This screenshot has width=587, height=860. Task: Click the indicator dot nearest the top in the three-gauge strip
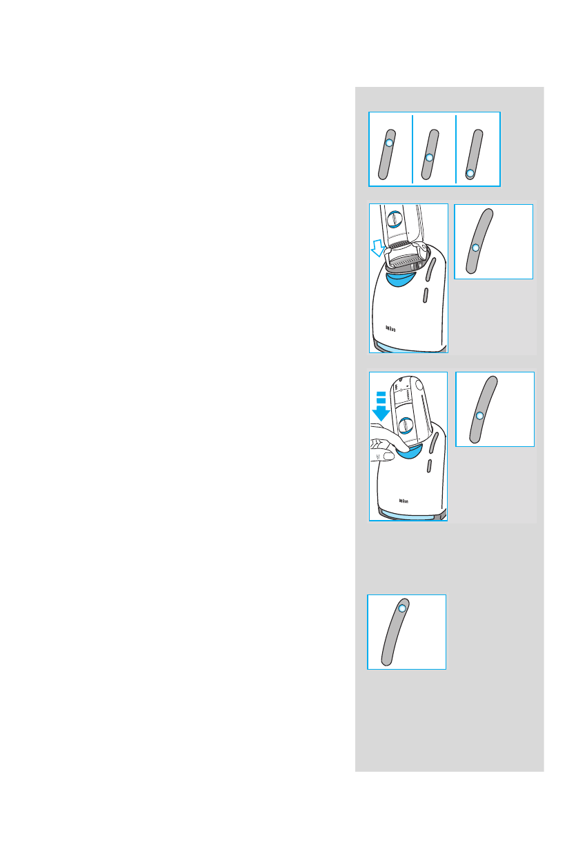389,143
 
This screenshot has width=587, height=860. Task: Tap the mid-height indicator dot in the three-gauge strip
429,158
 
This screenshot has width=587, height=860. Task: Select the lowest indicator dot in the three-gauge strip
470,173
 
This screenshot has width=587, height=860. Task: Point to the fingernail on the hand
389,456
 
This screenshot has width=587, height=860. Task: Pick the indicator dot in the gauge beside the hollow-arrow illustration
475,248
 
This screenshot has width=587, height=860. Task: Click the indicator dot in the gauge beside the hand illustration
480,415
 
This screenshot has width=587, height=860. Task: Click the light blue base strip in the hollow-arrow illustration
411,347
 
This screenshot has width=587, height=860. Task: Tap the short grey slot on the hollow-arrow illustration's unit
426,297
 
